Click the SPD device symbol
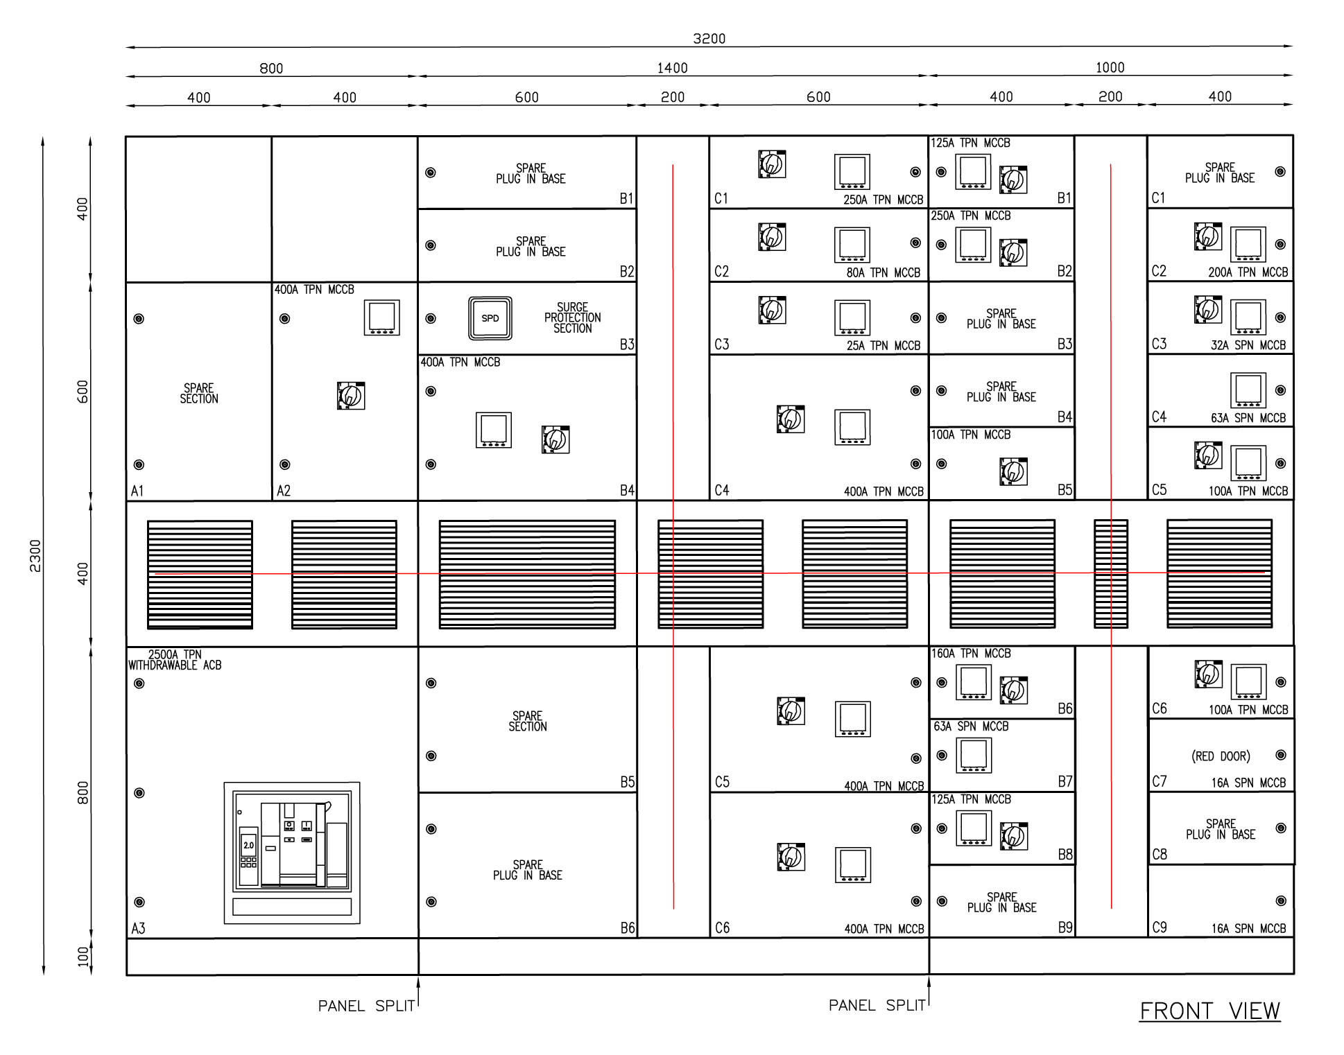490,318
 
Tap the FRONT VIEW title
1210,1011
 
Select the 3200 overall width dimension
709,39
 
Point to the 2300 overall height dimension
35,556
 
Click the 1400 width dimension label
673,68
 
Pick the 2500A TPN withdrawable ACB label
175,660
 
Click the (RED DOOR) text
1221,756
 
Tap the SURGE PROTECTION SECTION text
573,317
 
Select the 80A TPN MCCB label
883,273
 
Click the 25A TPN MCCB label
883,346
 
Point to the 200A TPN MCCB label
1248,272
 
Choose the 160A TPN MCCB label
971,654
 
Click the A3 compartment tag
138,929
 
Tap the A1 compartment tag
137,491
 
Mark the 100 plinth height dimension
83,957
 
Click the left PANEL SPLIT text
366,1006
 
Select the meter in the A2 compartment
381,317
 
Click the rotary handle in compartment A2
351,395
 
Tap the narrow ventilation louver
1111,574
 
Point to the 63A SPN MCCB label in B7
971,726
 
